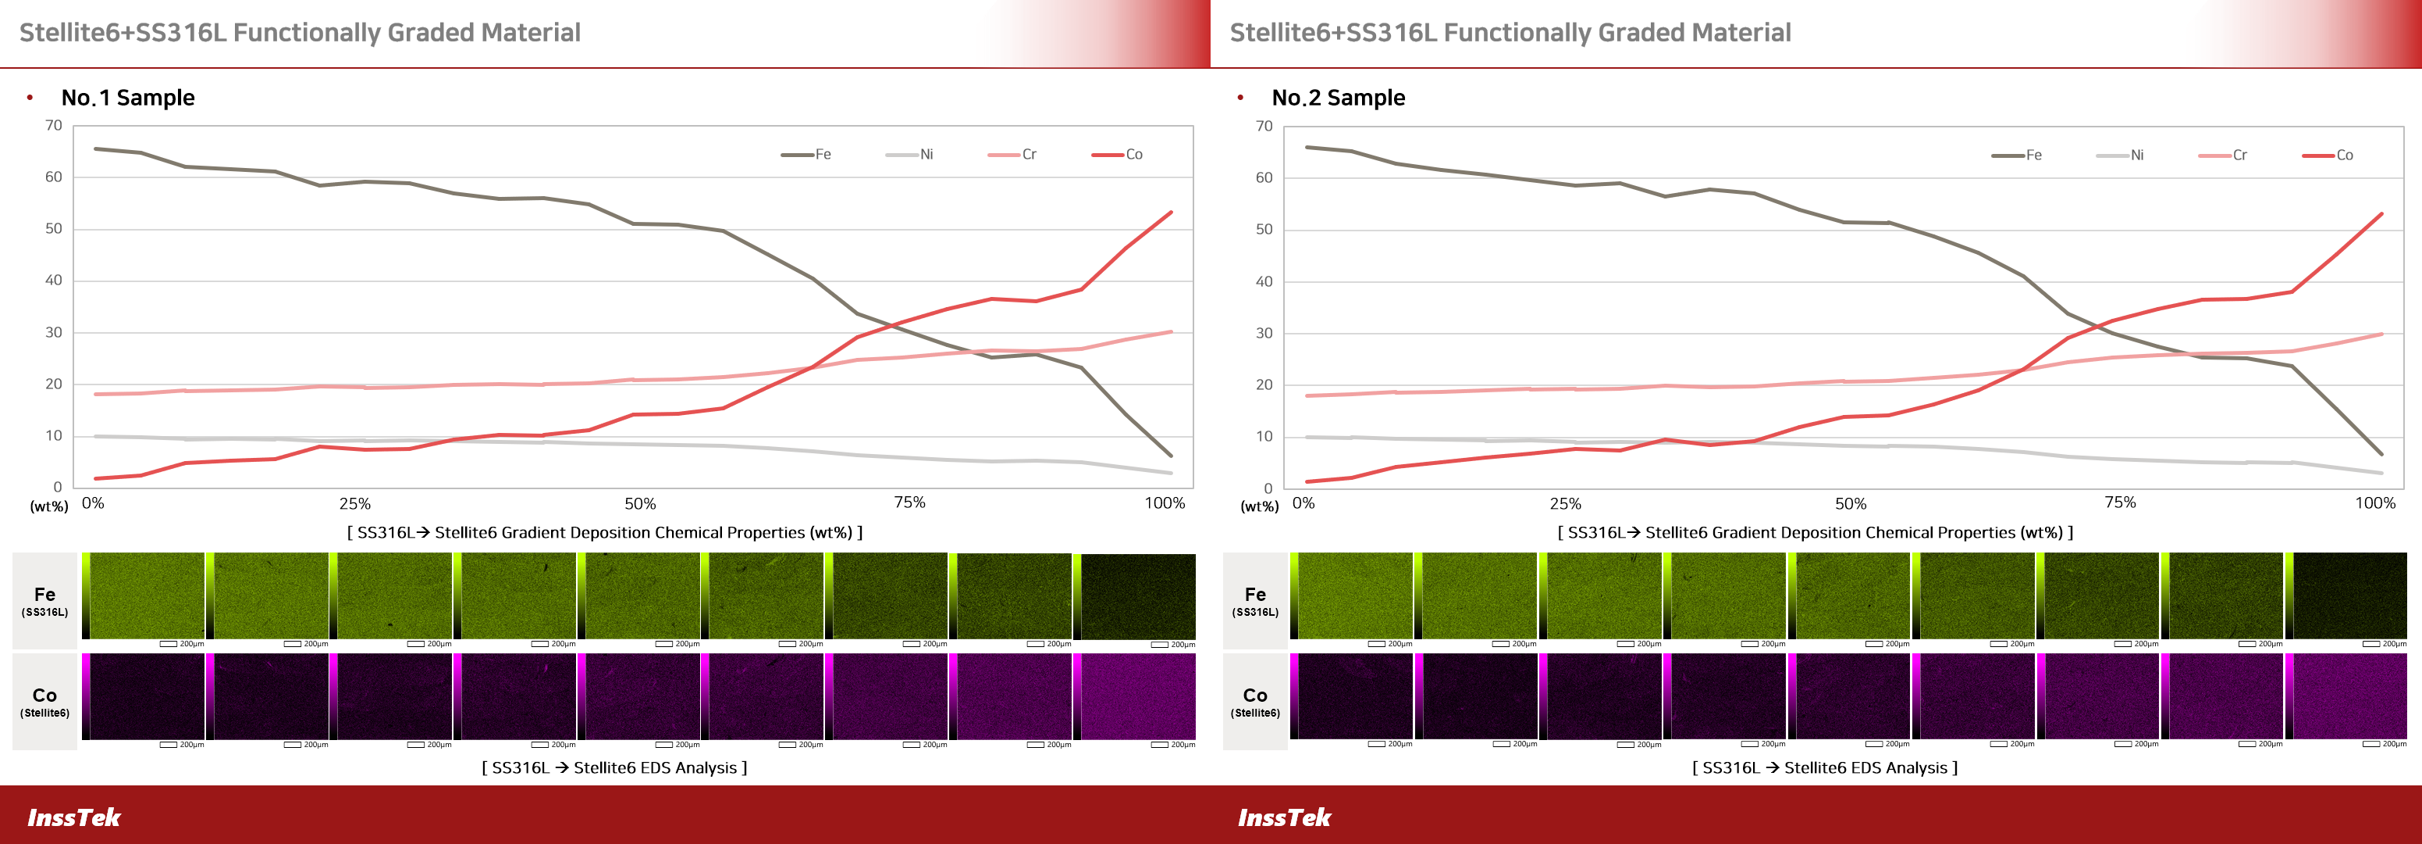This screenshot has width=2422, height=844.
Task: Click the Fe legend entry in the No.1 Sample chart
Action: coord(808,154)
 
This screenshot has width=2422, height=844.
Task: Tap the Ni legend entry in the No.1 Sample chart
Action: coord(911,154)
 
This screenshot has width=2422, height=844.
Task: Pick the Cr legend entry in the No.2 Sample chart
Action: coord(2225,156)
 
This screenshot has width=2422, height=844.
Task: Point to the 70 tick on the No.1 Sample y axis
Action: coord(54,125)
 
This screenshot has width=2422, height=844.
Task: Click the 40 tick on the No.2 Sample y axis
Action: coord(1264,281)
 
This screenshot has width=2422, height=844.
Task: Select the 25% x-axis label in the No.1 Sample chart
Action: coord(354,503)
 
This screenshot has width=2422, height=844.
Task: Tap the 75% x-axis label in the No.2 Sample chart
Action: coord(2120,502)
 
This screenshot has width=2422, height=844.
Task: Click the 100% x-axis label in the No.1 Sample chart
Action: coord(1164,502)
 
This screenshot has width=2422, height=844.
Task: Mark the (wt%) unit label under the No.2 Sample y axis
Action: coord(1260,506)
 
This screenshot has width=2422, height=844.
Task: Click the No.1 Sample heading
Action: coord(128,98)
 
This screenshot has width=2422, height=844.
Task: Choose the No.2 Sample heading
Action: coord(1338,98)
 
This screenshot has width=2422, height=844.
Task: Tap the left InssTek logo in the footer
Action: coord(73,817)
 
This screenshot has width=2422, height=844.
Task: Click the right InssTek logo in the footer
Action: coord(1284,817)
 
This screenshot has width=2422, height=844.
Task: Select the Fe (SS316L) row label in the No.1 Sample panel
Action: coord(44,600)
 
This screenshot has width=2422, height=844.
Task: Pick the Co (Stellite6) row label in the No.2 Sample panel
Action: coord(1255,701)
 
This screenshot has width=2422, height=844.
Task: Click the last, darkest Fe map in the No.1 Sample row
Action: coord(1139,596)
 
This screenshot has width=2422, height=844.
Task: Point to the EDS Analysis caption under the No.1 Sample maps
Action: coord(614,767)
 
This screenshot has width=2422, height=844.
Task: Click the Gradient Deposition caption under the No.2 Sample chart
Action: coord(1815,532)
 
